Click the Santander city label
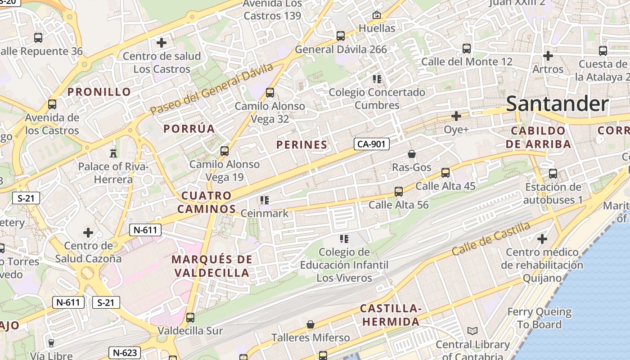pos(557,103)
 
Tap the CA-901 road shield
pos(372,144)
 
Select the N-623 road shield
pos(125,353)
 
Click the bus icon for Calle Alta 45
pos(445,172)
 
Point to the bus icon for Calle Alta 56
pos(398,192)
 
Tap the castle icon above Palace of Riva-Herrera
pos(113,153)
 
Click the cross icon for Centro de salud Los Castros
pos(162,43)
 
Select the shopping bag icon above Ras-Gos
pos(411,154)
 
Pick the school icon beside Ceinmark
pos(265,200)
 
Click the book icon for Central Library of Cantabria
pos(472,331)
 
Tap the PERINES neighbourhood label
pos(301,145)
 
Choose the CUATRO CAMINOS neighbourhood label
pos(207,202)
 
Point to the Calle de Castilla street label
pos(491,238)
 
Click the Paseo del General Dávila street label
pos(211,89)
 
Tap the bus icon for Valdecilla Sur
pos(190,318)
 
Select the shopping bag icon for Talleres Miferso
pos(310,324)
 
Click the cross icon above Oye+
pos(456,116)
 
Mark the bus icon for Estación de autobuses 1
pos(553,174)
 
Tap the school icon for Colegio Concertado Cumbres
pos(377,79)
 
